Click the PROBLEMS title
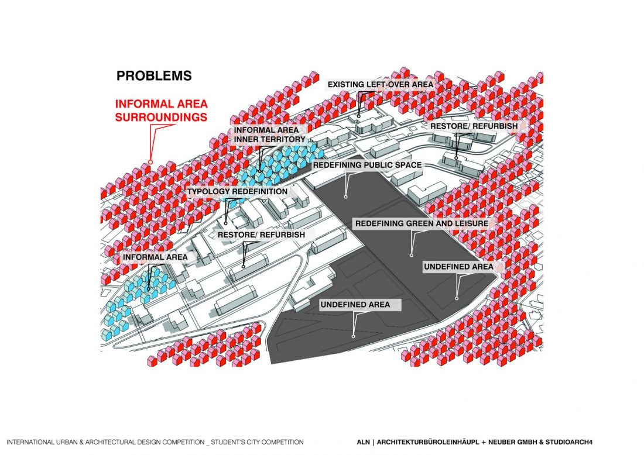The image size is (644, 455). click(x=154, y=75)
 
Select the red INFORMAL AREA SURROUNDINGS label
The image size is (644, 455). click(x=162, y=111)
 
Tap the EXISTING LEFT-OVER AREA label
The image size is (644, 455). click(x=380, y=85)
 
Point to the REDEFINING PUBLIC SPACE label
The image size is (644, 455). click(x=367, y=165)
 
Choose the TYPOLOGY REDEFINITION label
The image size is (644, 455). click(x=237, y=191)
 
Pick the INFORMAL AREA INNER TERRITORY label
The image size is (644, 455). click(x=269, y=135)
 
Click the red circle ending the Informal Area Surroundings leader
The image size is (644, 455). click(x=150, y=162)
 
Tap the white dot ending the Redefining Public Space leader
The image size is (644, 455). click(x=345, y=197)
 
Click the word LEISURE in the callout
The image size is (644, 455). click(x=472, y=223)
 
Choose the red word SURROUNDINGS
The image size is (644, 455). click(x=161, y=117)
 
